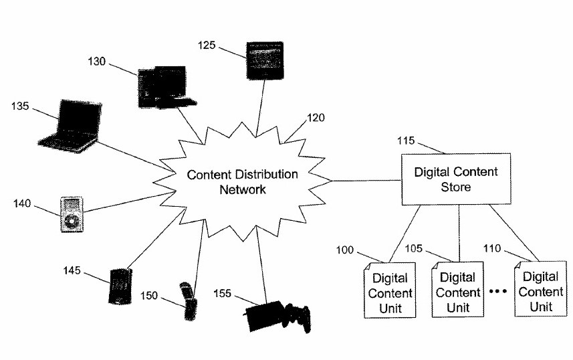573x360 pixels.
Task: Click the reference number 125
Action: pos(207,45)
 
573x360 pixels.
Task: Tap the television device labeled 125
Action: pos(265,60)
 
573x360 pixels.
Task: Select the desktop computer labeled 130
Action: pos(166,87)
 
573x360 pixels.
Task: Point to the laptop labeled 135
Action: pos(70,126)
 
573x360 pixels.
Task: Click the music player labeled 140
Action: pos(72,214)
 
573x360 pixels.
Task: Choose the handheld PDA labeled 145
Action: pos(120,286)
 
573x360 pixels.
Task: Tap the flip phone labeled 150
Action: pos(189,301)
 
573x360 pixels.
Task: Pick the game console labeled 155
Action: pos(277,316)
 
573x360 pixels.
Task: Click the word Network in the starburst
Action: pos(243,189)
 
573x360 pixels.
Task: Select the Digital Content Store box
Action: pos(456,179)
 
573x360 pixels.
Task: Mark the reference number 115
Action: pos(406,141)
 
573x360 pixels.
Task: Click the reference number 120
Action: pos(316,118)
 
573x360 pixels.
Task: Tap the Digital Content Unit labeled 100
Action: pos(390,290)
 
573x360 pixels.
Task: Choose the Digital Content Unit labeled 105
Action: pos(458,289)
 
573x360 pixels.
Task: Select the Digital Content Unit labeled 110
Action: pos(541,288)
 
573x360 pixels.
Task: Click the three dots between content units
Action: pos(498,291)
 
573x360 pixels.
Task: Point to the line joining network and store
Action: pos(366,181)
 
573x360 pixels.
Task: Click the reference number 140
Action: pos(22,203)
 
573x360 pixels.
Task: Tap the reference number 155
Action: pos(222,293)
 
